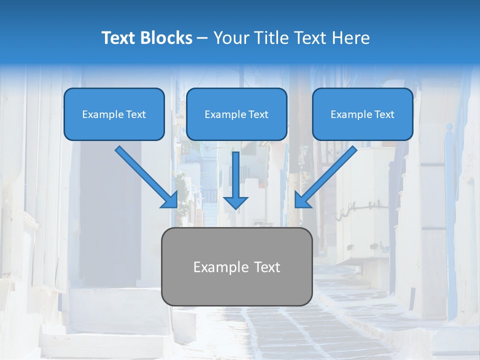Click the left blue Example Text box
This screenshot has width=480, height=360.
pos(114,114)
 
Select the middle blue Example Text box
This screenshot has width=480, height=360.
pos(236,114)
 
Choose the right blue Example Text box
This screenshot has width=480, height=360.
pos(362,114)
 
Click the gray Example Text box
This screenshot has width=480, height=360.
pos(236,266)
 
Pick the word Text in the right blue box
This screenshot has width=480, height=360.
pos(383,114)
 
